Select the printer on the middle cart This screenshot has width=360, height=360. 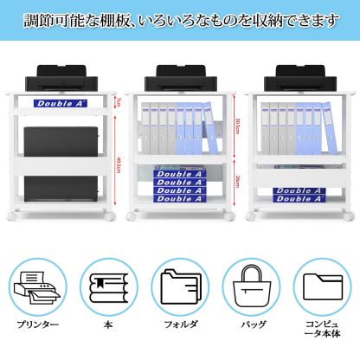179,79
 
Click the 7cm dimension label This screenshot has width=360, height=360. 119,102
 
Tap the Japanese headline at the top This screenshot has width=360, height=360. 180,20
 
